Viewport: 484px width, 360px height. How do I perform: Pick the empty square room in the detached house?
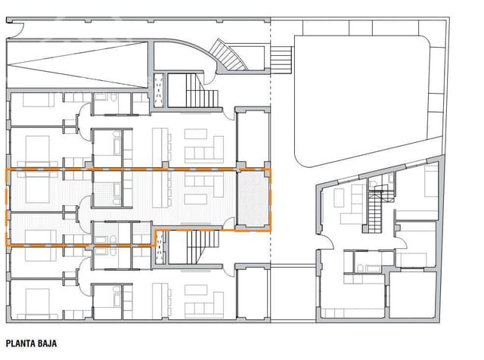pyautogui.click(x=411, y=295)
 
